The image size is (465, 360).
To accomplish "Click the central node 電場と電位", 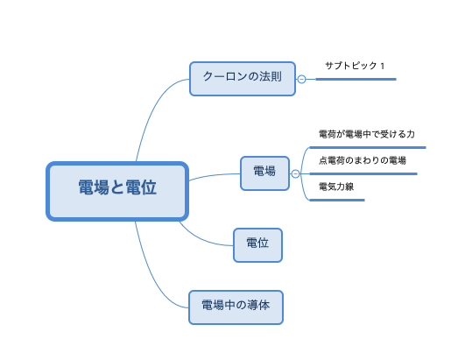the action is click(117, 191).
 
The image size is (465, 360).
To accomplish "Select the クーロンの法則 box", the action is click(243, 79).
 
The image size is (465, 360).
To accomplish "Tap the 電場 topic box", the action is click(264, 173).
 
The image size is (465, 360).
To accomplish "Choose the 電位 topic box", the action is click(257, 245).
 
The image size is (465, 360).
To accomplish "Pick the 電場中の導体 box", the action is click(236, 307).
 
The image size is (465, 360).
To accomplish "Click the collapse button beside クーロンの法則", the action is click(301, 79).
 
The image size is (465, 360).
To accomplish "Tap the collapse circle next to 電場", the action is click(295, 173).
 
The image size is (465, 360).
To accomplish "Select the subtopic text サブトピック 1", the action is click(355, 66).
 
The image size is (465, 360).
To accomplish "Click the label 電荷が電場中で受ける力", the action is click(367, 134).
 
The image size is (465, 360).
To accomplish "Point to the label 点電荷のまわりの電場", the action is click(363, 160).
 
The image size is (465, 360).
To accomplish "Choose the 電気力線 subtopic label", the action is click(336, 187).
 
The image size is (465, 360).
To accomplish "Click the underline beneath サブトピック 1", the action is click(356, 79).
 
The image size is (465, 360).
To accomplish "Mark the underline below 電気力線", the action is click(337, 201).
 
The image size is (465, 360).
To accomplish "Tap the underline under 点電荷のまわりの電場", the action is click(363, 173).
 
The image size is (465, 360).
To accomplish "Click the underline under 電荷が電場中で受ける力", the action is click(368, 147).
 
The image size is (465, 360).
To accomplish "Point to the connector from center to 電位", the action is click(201, 239).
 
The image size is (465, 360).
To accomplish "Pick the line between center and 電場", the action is click(214, 175).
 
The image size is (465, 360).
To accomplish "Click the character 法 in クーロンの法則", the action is click(265, 76).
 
